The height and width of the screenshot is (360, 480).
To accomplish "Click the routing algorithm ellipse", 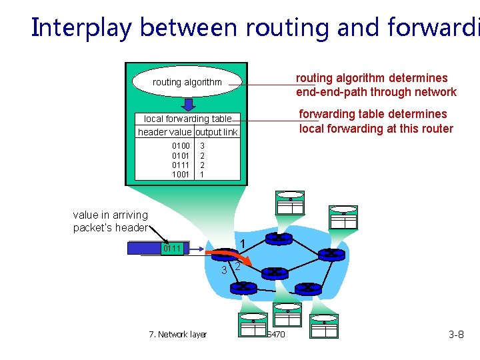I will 187,82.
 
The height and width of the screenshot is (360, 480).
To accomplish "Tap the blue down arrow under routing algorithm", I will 189,104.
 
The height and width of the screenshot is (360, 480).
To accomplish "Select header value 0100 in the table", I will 181,145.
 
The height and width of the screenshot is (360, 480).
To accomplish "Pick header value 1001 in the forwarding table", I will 181,174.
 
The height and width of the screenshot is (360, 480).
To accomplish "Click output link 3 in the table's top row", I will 203,145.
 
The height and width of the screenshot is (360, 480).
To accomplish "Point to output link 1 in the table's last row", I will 203,174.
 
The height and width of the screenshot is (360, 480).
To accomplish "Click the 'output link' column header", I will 217,132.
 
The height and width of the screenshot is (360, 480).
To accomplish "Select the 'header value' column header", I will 165,132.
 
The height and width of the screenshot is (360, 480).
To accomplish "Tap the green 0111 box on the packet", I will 173,249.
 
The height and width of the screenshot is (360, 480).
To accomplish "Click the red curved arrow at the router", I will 230,257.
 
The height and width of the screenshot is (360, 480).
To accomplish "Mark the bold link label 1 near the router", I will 243,244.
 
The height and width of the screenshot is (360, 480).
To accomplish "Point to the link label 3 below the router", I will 225,270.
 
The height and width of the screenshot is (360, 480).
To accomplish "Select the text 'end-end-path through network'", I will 376,92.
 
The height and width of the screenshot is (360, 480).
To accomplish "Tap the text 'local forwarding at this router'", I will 376,129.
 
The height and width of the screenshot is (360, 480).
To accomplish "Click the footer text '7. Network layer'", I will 177,334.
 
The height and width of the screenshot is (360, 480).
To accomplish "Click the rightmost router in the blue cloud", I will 331,253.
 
